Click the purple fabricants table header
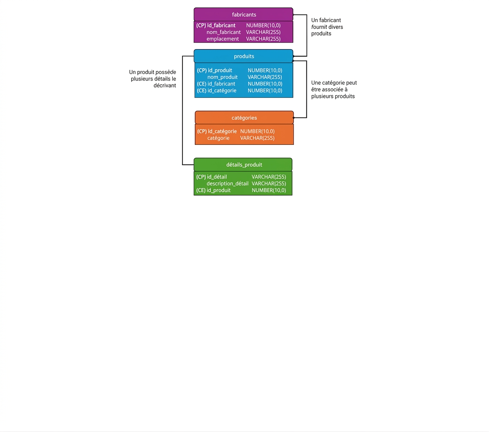pyautogui.click(x=243, y=14)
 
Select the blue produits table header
pyautogui.click(x=243, y=56)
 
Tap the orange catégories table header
pyautogui.click(x=244, y=117)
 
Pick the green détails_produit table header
pyautogui.click(x=243, y=165)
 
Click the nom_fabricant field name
pyautogui.click(x=224, y=32)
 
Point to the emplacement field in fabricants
pyautogui.click(x=223, y=39)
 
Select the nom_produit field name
pyautogui.click(x=222, y=77)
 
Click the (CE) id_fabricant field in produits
pyautogui.click(x=216, y=84)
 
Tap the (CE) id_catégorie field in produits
pyautogui.click(x=217, y=91)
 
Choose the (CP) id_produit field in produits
pyautogui.click(x=214, y=70)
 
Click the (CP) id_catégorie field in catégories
pyautogui.click(x=217, y=131)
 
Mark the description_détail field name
pyautogui.click(x=227, y=184)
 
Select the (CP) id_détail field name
pyautogui.click(x=211, y=177)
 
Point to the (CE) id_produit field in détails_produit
pyautogui.click(x=213, y=190)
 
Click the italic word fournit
pyautogui.click(x=319, y=27)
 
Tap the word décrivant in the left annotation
pyautogui.click(x=165, y=86)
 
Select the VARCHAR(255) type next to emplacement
pyautogui.click(x=263, y=39)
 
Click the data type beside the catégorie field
pyautogui.click(x=257, y=138)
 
